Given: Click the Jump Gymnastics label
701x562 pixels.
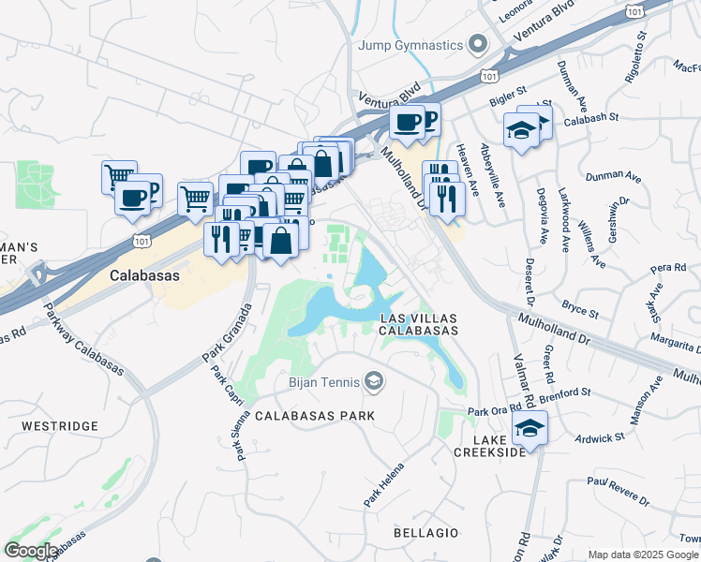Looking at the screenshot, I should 410,45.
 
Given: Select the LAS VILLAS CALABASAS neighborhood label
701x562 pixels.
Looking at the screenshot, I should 419,323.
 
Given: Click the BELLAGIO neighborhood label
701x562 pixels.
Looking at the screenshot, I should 426,533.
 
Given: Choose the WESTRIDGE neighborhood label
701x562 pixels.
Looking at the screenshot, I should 57,426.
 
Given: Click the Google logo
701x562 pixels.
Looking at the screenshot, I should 32,551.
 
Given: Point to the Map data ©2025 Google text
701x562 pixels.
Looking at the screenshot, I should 643,555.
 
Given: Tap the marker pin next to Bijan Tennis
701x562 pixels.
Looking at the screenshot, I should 373,380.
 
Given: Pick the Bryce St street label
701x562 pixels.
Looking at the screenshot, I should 580,309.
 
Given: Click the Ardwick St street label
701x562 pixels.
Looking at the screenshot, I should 599,437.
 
